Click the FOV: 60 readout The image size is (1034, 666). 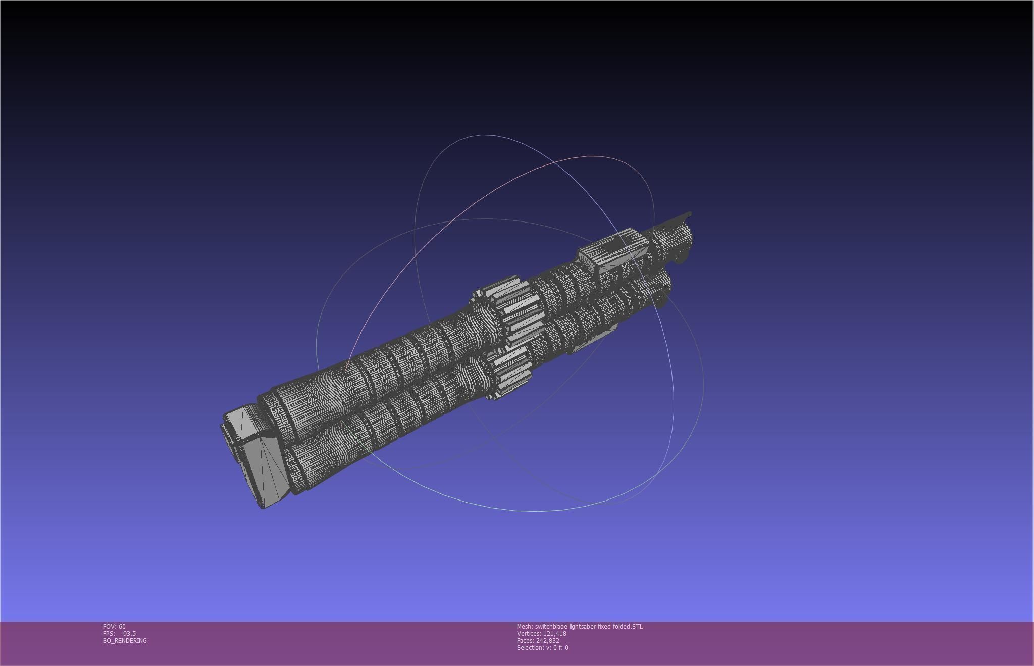click(114, 626)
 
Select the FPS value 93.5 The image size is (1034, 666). click(129, 633)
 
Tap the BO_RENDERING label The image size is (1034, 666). click(125, 640)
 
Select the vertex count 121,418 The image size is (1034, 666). click(554, 633)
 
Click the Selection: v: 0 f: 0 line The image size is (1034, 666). click(542, 647)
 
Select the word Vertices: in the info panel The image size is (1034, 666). click(529, 633)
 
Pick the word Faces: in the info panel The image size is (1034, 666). click(525, 640)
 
